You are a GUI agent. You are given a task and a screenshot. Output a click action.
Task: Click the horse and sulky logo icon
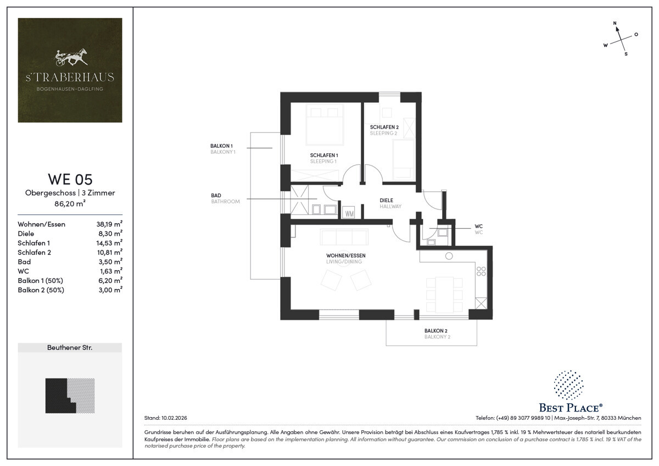tap(71, 57)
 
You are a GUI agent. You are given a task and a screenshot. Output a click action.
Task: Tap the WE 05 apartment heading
tap(70, 179)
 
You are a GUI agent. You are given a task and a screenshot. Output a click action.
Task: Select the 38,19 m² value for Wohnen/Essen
tap(109, 224)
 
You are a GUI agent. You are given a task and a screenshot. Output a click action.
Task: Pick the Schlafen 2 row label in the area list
tap(34, 252)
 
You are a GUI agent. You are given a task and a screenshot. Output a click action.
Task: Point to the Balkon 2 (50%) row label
tap(41, 290)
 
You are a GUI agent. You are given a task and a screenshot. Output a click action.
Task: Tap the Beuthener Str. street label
tap(70, 347)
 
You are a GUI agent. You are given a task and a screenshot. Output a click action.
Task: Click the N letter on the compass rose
tap(615, 23)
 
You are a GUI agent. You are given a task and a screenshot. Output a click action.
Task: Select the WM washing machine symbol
tap(349, 213)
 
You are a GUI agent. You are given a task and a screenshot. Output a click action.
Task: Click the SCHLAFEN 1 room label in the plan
tap(324, 155)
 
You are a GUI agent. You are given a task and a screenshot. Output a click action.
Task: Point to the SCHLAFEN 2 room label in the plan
tap(384, 127)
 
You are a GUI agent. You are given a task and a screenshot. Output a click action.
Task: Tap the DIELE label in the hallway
tap(386, 201)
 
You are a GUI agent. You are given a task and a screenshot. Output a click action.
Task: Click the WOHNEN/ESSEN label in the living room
tap(345, 256)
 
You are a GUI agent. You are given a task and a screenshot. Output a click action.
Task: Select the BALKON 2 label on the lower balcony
tap(435, 331)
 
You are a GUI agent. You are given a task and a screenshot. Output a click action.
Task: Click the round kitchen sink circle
tap(449, 256)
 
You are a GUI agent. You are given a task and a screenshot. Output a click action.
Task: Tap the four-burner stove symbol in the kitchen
tap(481, 271)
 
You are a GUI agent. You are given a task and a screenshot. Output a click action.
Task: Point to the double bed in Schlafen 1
tap(325, 125)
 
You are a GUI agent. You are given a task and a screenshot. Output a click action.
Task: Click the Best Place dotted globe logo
tap(569, 385)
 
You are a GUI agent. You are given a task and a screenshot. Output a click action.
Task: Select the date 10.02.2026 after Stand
tap(174, 418)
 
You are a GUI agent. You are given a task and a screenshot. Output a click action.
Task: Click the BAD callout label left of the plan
tap(216, 196)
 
